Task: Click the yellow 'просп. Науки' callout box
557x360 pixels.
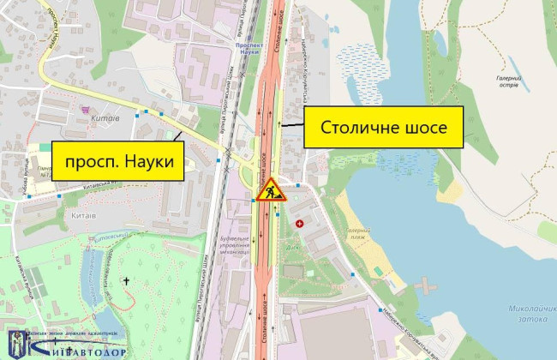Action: click(119, 160)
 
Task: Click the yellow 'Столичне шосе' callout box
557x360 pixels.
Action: click(385, 129)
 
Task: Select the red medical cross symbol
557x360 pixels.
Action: click(299, 224)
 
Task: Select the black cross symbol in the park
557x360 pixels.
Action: click(127, 280)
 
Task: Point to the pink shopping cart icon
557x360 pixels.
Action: click(85, 110)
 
